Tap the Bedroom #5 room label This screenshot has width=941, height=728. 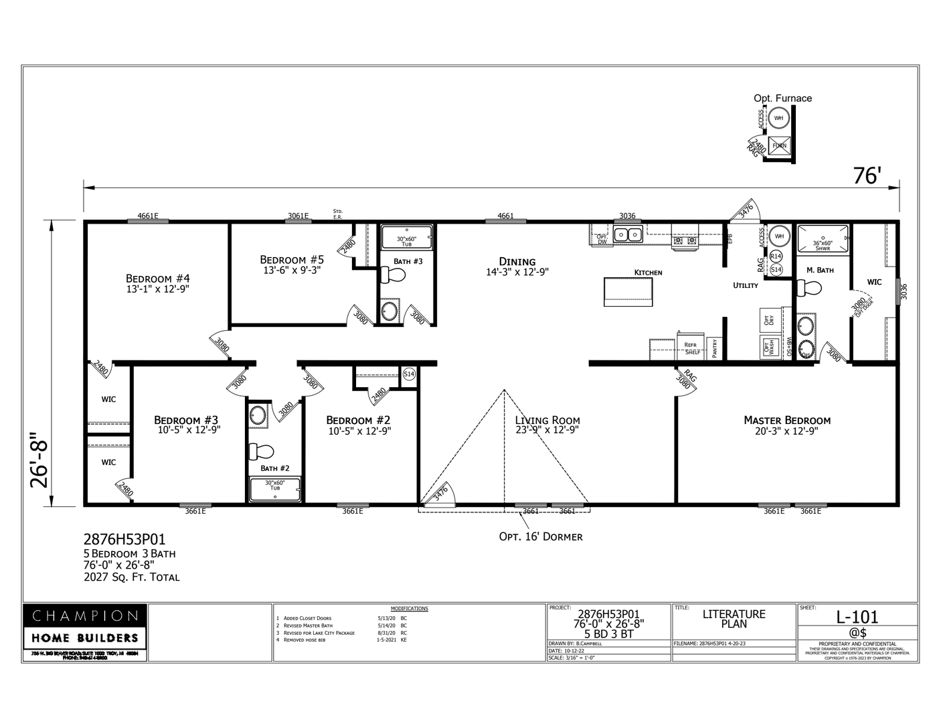coord(292,260)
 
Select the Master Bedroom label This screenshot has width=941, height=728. coord(787,421)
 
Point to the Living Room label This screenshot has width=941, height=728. coord(547,421)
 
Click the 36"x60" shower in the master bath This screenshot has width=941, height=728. coord(822,238)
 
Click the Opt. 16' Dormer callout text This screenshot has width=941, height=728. coord(541,536)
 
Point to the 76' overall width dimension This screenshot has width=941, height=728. coord(867,175)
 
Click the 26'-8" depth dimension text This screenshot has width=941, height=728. coord(41,462)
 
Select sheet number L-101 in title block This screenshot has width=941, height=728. coord(857,617)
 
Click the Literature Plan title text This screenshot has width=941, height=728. coord(734,618)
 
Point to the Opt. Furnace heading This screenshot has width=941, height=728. coord(782,98)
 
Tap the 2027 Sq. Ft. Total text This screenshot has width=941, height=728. coord(132,577)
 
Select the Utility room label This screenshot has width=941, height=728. coord(746,285)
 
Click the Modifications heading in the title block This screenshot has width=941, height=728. coord(409,609)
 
